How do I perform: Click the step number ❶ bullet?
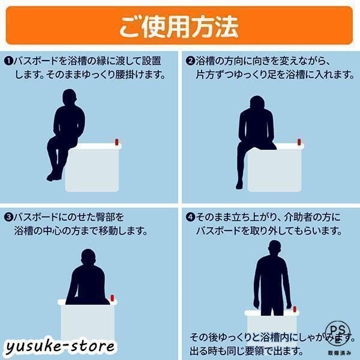click(9, 61)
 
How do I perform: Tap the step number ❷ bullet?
click(189, 61)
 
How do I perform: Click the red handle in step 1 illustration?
click(118, 142)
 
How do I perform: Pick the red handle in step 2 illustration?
click(298, 142)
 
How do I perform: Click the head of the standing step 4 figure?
click(274, 248)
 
